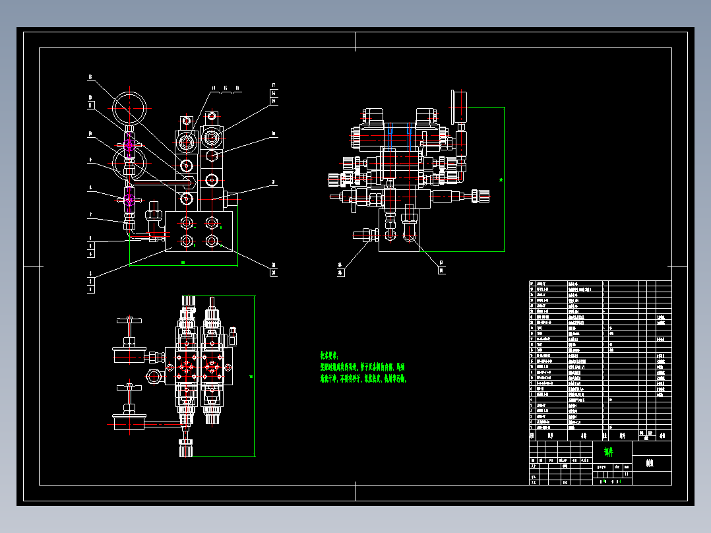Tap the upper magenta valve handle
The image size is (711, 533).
128,142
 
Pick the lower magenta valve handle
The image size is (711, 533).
128,197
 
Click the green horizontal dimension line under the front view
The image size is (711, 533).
183,266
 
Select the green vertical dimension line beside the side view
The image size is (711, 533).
505,179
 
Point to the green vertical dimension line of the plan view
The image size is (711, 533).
254,376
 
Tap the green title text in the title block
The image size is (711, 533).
607,453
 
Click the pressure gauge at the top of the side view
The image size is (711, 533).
458,100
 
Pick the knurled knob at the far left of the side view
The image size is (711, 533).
332,179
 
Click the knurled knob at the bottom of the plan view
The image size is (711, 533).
185,449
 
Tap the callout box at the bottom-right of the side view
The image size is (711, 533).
442,266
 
